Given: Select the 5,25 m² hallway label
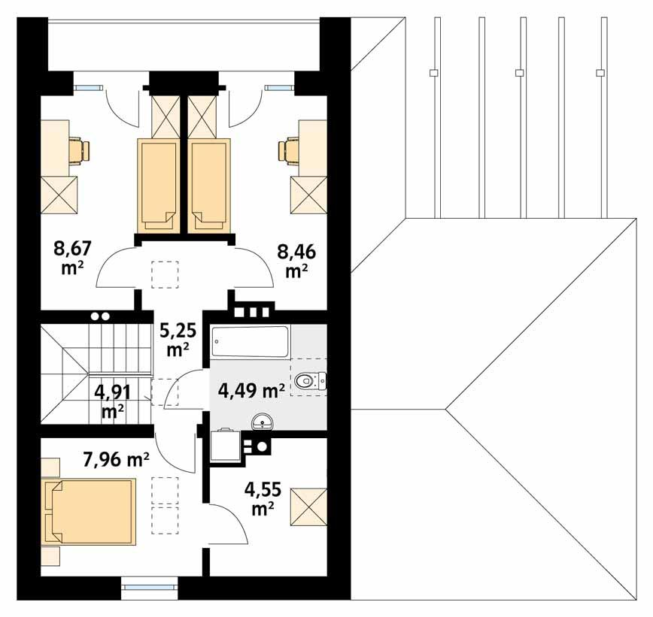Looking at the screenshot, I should (177, 339).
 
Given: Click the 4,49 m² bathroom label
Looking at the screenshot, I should (251, 390).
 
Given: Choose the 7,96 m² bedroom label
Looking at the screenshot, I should (116, 460).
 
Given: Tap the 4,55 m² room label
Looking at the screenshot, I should (263, 499).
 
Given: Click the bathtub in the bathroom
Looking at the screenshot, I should (250, 342).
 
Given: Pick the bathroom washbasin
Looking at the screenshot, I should (263, 422).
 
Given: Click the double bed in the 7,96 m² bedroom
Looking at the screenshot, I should (90, 511).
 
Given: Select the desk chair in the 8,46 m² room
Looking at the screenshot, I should (289, 150).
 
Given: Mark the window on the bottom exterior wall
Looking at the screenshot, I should (150, 582).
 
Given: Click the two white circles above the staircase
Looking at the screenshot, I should (100, 317).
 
